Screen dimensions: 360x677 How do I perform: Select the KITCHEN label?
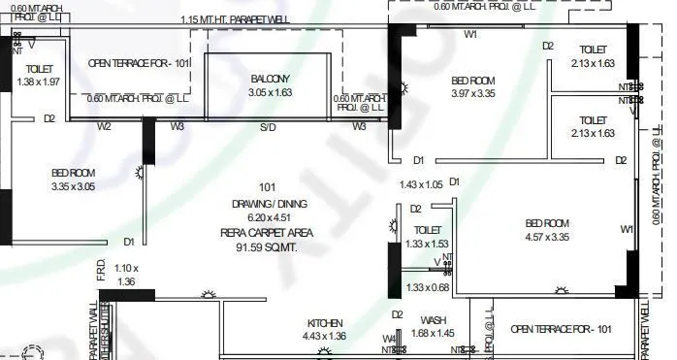(324, 323)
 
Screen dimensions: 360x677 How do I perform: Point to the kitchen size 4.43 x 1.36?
(324, 336)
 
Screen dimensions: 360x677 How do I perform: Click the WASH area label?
(433, 320)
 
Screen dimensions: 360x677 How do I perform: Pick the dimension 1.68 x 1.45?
(433, 334)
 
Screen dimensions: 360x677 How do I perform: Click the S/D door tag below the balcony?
(267, 127)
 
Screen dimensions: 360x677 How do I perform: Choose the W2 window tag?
(104, 126)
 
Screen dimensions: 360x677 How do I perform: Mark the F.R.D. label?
(100, 276)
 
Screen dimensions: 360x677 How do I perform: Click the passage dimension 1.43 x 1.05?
(421, 184)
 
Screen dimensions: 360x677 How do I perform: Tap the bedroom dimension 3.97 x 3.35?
(473, 94)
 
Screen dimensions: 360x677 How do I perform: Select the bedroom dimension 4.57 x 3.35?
(547, 237)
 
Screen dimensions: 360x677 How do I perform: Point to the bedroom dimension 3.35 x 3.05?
(74, 187)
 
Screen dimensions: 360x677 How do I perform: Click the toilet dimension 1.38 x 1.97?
(39, 82)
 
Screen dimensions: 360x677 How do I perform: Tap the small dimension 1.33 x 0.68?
(428, 287)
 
